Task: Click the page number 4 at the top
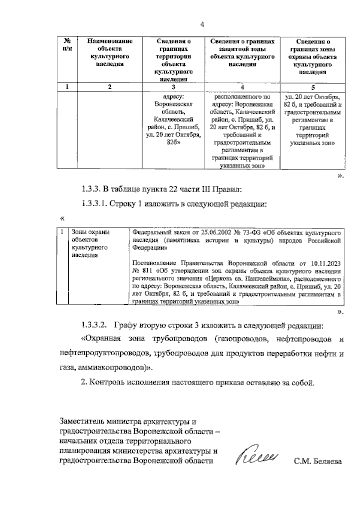(202, 25)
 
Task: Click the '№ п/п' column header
(67, 45)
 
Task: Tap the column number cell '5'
(313, 87)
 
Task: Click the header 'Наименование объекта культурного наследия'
(110, 52)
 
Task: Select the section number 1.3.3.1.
(94, 204)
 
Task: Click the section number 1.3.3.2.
(94, 325)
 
